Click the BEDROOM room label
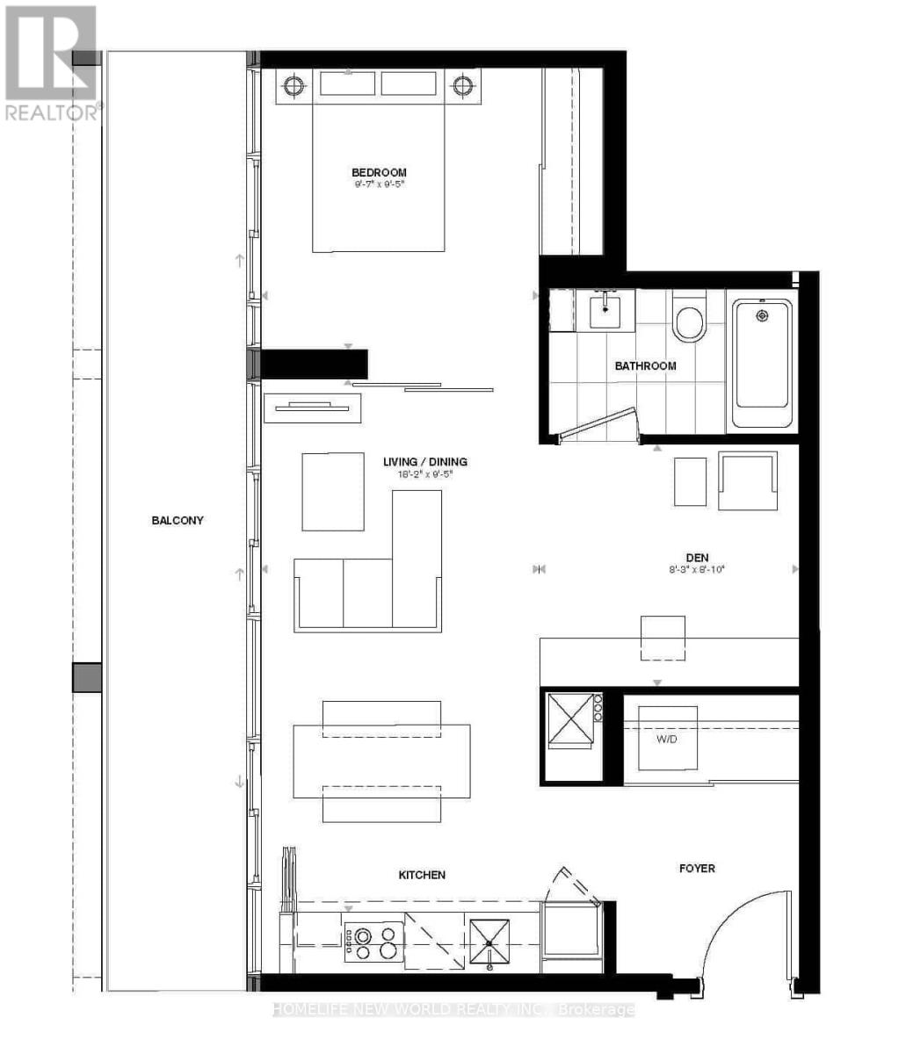379,172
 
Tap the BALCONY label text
178,520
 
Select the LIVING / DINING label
424,461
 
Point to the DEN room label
698,557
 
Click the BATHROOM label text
645,365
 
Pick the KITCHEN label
422,875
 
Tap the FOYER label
697,868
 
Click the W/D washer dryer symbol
667,738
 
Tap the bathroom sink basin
606,311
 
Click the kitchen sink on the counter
489,942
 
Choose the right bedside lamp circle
463,86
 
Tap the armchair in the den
748,480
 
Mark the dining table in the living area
381,761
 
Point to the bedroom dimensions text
379,185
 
